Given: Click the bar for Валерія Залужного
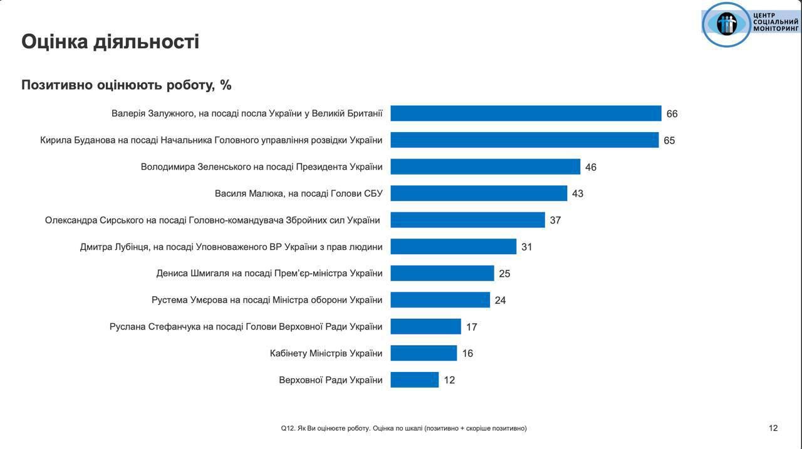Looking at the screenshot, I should tap(526, 113).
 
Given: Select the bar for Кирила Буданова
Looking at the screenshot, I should tap(524, 140).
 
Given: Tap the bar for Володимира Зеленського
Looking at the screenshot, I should tap(485, 167).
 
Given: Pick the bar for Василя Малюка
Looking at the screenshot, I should tap(479, 193).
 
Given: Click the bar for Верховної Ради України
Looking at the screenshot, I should tap(414, 379).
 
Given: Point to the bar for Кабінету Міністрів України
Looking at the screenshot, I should tap(424, 353).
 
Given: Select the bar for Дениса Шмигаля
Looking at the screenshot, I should tap(442, 273).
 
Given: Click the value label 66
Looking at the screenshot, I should tap(672, 114).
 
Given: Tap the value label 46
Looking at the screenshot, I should tap(590, 167).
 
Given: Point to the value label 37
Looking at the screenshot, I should tap(555, 220).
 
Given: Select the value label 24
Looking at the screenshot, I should tap(500, 301).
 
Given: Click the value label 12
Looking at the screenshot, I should tap(449, 380).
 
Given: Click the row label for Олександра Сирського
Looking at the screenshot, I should tap(212, 220).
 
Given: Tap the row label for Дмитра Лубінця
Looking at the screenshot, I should tap(231, 247).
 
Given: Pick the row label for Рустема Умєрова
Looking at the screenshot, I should tap(267, 300).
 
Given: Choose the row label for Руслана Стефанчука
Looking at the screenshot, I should tap(246, 326).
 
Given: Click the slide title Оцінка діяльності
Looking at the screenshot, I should tap(110, 41).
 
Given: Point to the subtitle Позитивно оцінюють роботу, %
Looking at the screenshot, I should tap(127, 85).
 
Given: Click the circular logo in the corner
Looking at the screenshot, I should tap(726, 24).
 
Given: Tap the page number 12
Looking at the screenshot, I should tap(773, 428).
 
